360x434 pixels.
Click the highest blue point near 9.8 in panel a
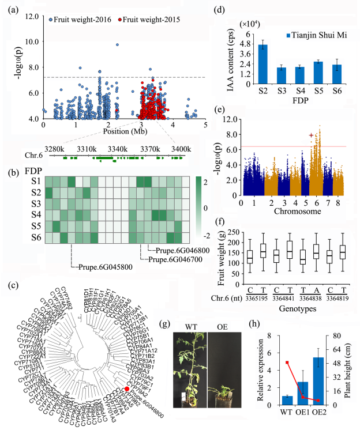pyautogui.click(x=118, y=44)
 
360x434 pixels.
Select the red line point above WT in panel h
pyautogui.click(x=287, y=363)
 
